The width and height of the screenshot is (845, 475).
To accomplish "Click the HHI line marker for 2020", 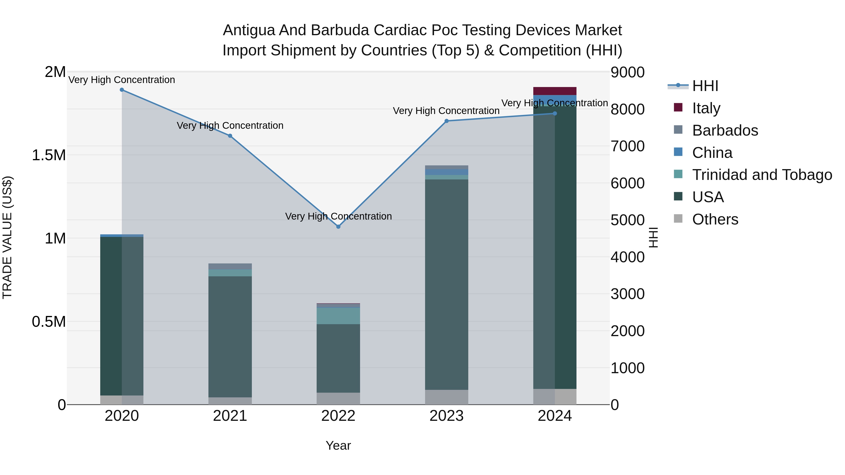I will pos(122,90).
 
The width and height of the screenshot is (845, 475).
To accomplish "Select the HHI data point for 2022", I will pos(338,227).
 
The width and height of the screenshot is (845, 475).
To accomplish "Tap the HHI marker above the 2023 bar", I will pos(446,121).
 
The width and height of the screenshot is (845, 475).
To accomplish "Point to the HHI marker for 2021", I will pos(230,136).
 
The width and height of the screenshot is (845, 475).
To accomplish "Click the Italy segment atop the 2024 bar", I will pos(555,91).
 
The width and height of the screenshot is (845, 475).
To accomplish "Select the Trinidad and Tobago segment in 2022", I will pos(338,316).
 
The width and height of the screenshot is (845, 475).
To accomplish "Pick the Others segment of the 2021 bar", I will pos(230,401).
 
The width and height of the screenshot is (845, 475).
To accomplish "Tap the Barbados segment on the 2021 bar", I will pos(230,266).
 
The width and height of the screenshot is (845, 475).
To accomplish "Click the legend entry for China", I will pos(712,153).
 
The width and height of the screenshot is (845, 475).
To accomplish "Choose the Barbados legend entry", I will pos(725,130).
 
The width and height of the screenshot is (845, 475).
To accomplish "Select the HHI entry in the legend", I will pos(705,86).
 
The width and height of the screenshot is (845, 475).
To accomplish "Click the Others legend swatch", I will pos(678,219).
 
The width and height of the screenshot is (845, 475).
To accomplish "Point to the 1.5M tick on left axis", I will pos(49,155).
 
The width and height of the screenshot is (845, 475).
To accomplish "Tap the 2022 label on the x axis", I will pos(338,416).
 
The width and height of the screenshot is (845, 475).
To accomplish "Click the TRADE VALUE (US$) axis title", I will pos(7,238).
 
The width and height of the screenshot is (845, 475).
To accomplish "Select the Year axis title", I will pos(338,445).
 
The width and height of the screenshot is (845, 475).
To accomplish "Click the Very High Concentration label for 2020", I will pos(122,80).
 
